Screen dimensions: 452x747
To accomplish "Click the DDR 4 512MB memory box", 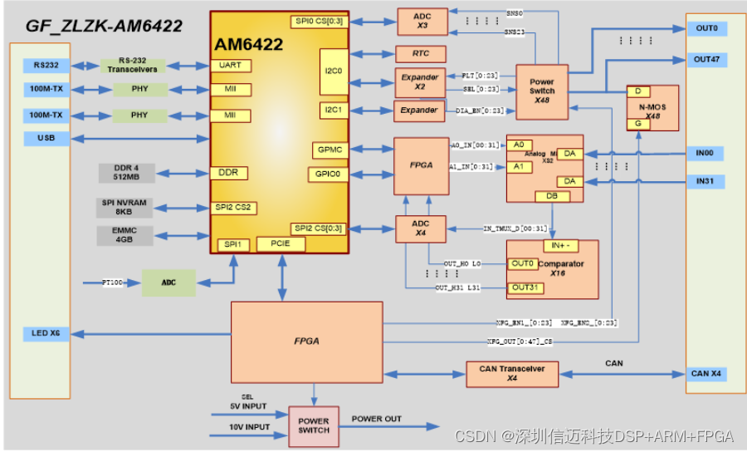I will coord(126,173).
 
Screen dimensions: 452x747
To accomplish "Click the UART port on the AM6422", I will coord(230,66).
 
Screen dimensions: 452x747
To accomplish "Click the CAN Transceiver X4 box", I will coord(512,373).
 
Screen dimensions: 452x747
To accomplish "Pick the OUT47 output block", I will coord(706,60).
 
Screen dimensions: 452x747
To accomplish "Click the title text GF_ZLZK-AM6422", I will coord(104,26).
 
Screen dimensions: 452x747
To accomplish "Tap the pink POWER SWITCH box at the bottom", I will coord(314,425).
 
